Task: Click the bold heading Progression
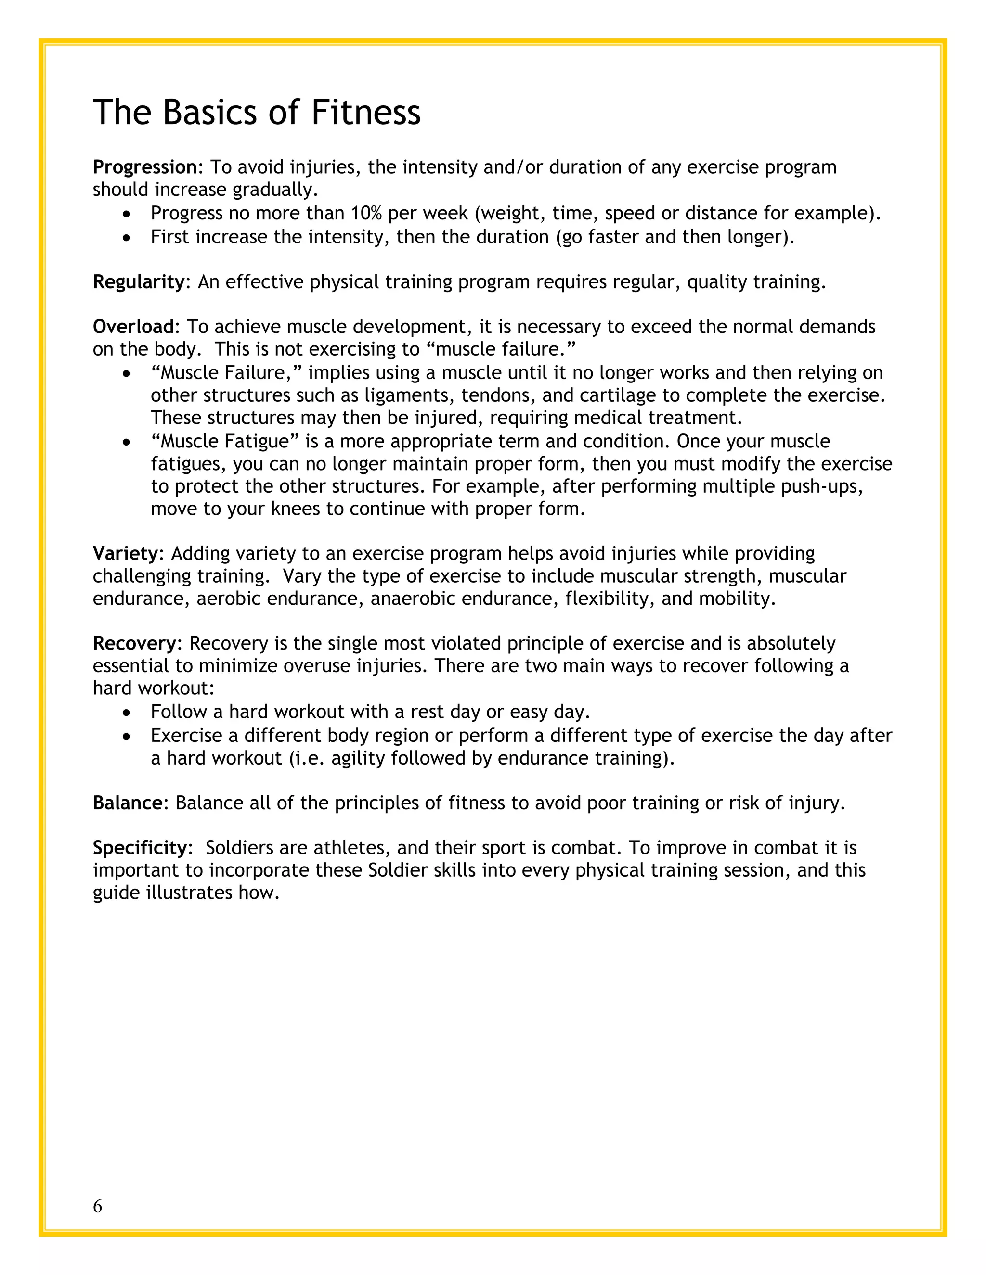145,167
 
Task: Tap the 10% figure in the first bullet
366,213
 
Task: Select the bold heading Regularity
139,282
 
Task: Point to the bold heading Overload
134,326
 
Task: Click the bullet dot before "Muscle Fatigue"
127,443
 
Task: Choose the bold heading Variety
126,553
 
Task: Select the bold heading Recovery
134,643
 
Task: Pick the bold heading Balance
127,803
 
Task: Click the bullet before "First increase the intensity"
127,238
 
